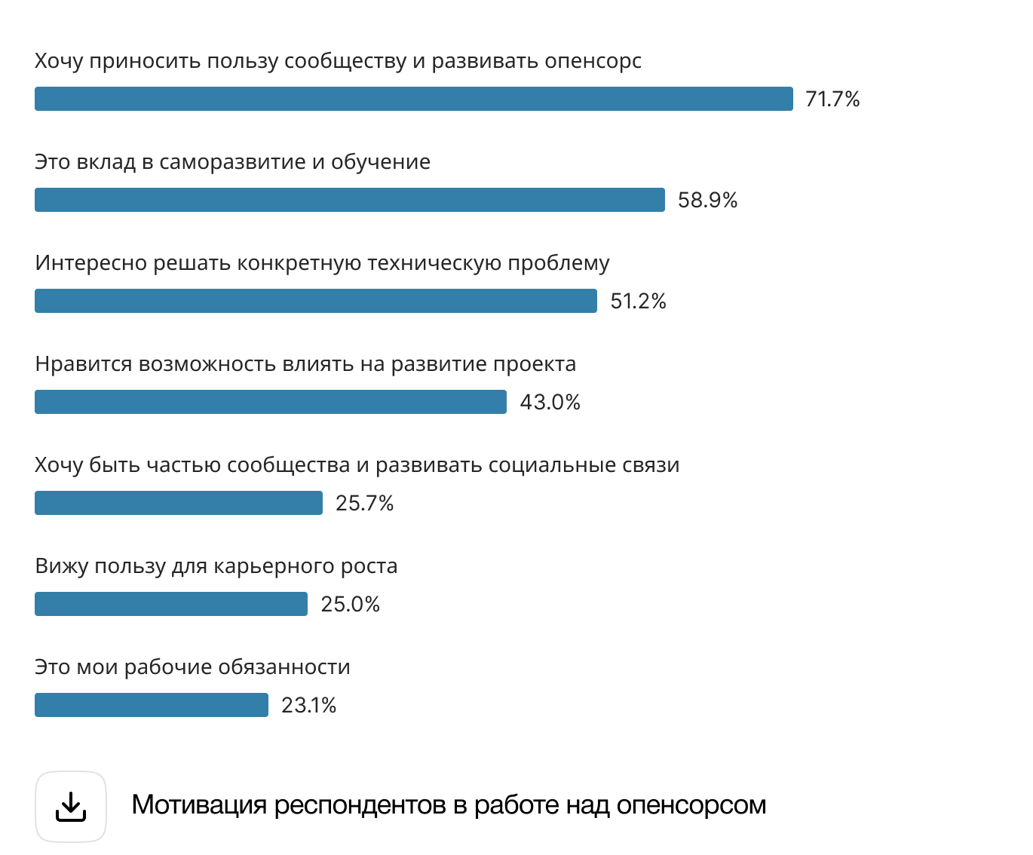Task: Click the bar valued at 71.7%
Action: coord(414,99)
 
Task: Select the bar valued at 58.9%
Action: coord(350,200)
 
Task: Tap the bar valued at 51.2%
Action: coord(316,301)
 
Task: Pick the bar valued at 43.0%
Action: coord(271,402)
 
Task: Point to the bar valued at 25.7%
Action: coord(179,503)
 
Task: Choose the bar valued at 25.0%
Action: coord(171,604)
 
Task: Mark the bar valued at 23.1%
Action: coord(152,705)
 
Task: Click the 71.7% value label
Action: coord(832,100)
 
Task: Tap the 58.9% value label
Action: coord(707,201)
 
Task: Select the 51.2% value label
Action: coord(638,302)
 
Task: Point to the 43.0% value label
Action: coord(550,403)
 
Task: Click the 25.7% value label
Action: coord(364,504)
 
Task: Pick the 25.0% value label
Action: coord(350,605)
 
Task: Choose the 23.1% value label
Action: coord(308,706)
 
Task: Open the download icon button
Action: coord(71,807)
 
